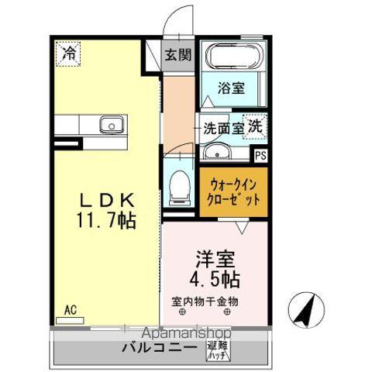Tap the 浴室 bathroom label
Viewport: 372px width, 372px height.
(231, 88)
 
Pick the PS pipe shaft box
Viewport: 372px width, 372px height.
(261, 155)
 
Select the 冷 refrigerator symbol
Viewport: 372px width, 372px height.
(69, 53)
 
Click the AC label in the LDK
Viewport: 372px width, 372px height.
(70, 310)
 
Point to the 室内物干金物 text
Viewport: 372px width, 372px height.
(205, 301)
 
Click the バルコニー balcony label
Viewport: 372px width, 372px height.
(159, 347)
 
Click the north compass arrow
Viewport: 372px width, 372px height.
(306, 310)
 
